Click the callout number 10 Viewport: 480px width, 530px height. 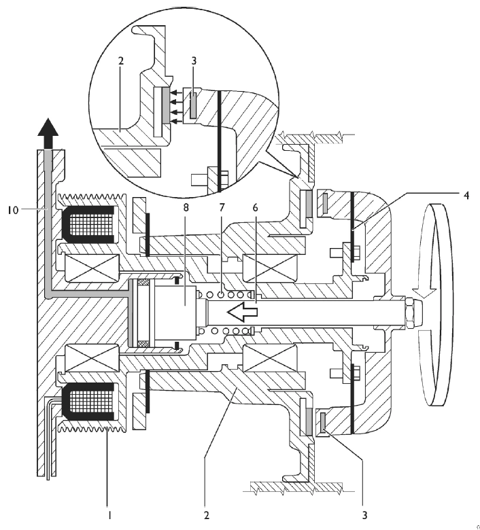coord(12,210)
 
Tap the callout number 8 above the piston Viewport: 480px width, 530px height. coord(186,207)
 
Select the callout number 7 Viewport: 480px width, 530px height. coord(221,207)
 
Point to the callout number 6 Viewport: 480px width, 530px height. coord(255,207)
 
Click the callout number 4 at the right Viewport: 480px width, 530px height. coord(466,196)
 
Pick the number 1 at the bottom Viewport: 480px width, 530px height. coord(109,515)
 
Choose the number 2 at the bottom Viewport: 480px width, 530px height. coord(206,515)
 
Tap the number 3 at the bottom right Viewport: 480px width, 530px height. coord(364,515)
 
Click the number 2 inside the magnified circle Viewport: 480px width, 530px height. coord(121,61)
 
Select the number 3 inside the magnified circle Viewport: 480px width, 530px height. coord(194,61)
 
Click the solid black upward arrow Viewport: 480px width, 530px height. coord(48,132)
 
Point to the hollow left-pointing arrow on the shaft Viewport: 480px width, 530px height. coord(242,312)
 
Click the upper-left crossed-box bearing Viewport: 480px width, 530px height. coord(91,268)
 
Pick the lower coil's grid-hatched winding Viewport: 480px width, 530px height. coord(91,402)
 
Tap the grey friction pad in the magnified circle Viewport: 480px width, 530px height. coord(165,105)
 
